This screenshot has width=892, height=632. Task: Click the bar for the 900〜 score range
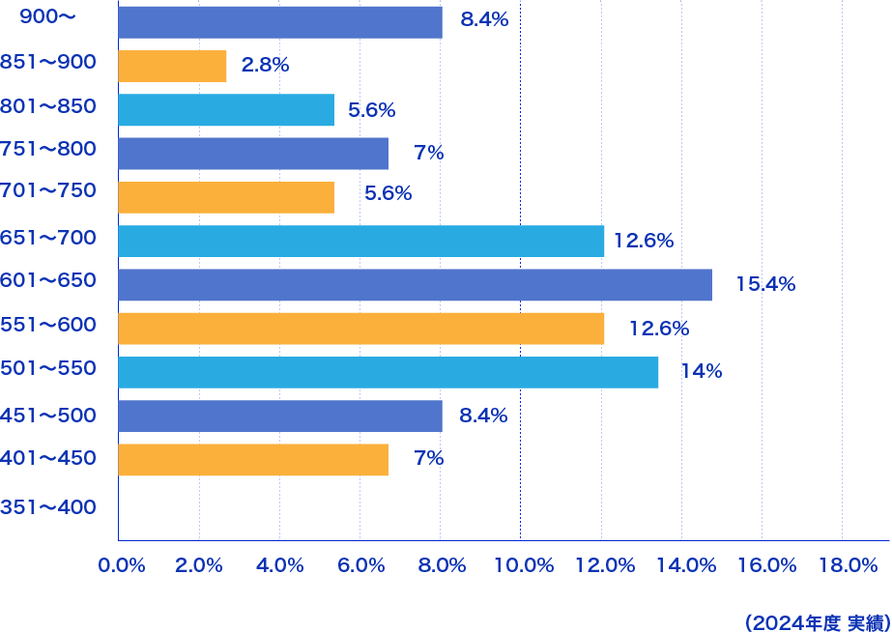point(279,21)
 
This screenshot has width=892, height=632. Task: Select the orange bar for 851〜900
point(172,66)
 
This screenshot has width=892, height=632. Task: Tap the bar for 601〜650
point(415,284)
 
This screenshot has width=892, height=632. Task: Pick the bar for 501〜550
point(388,372)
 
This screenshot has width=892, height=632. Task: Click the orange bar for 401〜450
point(252,460)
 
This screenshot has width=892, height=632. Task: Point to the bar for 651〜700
point(360,241)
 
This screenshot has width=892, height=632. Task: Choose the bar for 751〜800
point(252,154)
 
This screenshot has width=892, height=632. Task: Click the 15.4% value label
point(765,284)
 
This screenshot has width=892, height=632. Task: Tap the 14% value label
point(702,372)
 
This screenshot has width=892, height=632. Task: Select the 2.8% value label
point(265,66)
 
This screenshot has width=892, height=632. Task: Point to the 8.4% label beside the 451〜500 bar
point(484,417)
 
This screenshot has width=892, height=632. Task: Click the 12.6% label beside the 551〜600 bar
point(658,329)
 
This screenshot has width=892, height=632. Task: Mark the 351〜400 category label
point(48,505)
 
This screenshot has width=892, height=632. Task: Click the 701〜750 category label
point(48,190)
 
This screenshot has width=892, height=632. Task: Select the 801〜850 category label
point(48,106)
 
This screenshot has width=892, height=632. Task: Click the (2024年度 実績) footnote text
point(817,622)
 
